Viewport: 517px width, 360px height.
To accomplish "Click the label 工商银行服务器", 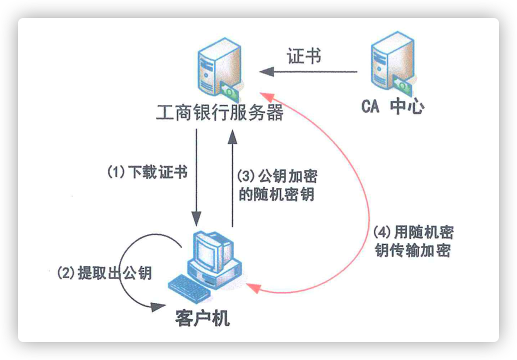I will point(220,113).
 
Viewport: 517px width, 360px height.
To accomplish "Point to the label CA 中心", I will point(392,107).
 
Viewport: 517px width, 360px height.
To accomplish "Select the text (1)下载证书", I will point(148,172).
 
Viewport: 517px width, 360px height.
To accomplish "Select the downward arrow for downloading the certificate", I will point(196,175).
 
